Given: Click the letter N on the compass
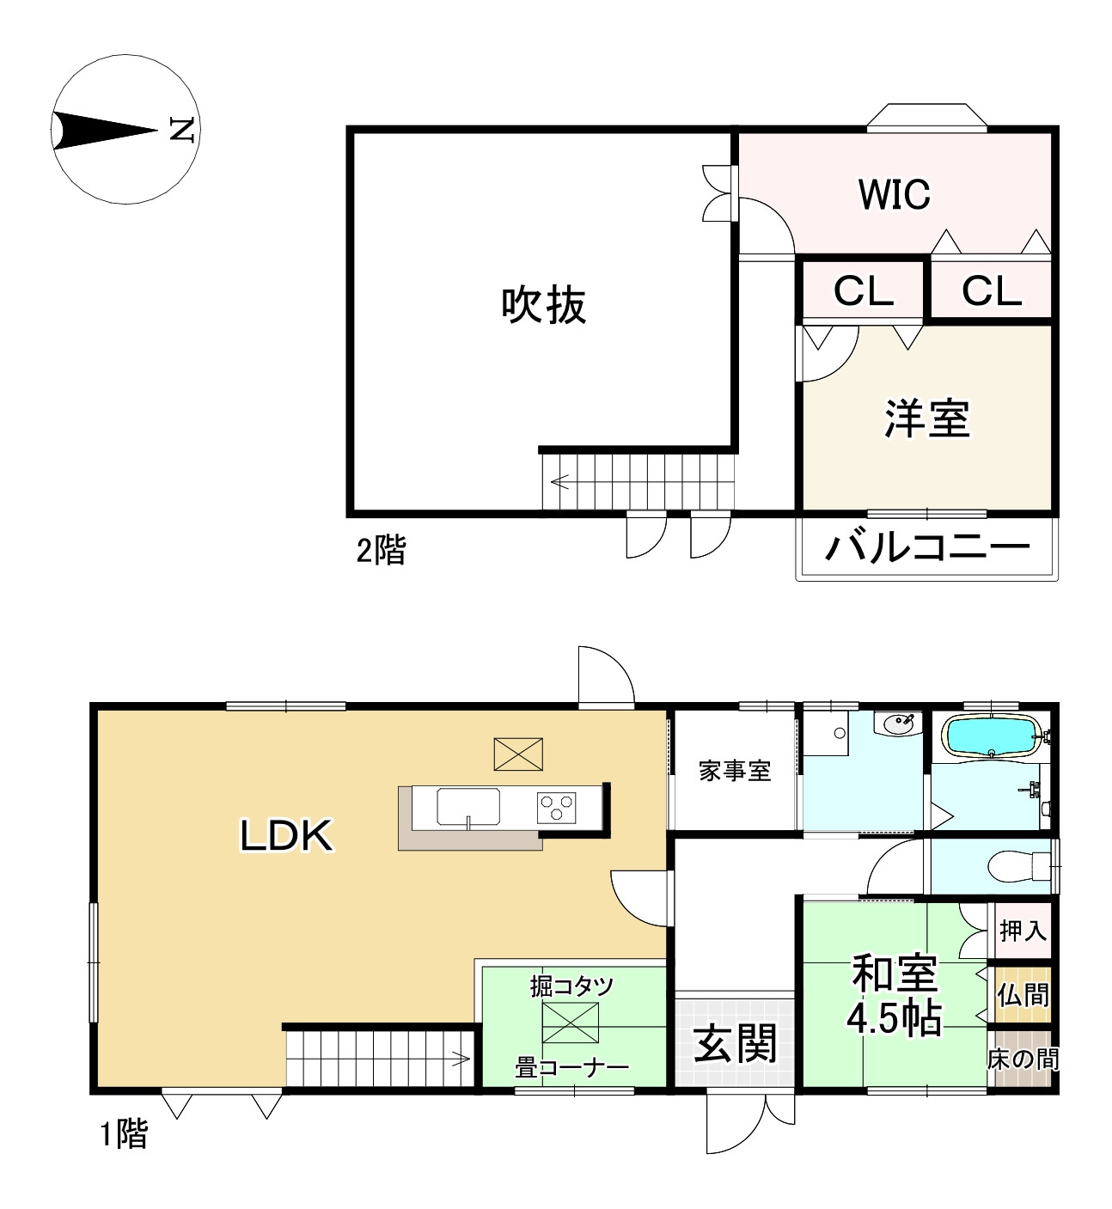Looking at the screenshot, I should click(x=182, y=130).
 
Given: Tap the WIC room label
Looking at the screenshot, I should click(x=894, y=195).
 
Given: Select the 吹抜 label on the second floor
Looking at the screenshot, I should click(x=544, y=305).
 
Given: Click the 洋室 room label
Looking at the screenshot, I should click(x=926, y=418).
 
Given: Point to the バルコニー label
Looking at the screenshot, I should click(x=927, y=546).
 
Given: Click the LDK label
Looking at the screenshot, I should click(x=286, y=835).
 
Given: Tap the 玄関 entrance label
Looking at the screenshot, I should click(x=735, y=1043).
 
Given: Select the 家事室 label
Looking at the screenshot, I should click(x=734, y=771).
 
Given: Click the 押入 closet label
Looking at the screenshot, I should click(x=1023, y=930).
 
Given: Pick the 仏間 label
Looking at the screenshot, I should click(x=1023, y=995).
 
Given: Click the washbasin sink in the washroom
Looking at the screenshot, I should click(x=898, y=724).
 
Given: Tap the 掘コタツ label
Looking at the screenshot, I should click(x=571, y=986).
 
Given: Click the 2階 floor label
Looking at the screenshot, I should click(x=381, y=550).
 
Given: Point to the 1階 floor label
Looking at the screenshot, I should click(x=124, y=1134).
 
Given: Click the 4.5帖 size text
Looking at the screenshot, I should click(x=894, y=1019).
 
